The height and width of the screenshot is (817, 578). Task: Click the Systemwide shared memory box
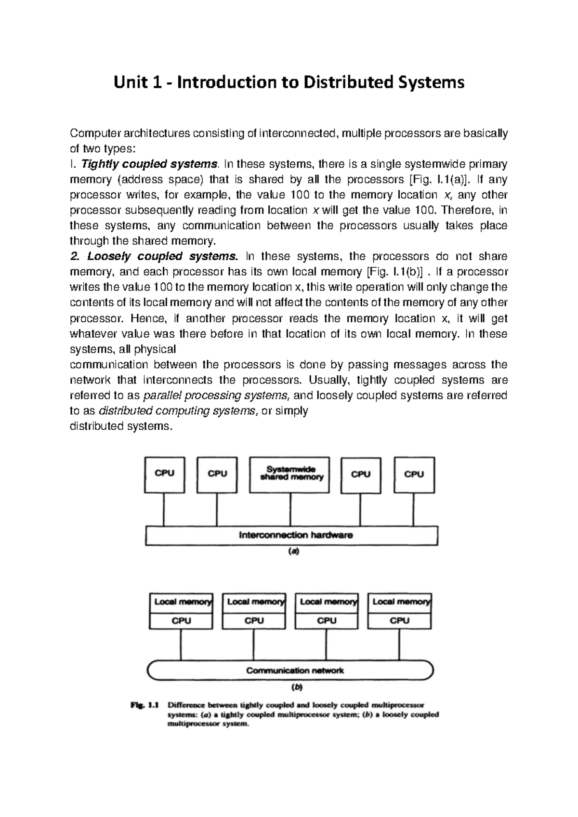click(x=290, y=475)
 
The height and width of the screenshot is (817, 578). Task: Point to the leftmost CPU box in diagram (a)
click(x=164, y=475)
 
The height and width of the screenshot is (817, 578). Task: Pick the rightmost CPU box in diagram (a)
click(x=414, y=475)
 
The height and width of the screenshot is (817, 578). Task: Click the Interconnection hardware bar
click(x=291, y=535)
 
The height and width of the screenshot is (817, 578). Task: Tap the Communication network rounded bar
click(x=290, y=670)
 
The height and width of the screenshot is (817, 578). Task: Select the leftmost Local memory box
click(x=181, y=602)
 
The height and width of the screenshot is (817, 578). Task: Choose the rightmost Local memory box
click(x=400, y=602)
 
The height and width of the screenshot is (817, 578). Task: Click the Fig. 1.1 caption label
click(x=144, y=705)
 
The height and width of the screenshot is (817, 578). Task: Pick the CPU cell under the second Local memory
click(x=254, y=620)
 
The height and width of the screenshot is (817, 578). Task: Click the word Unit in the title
click(x=129, y=82)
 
